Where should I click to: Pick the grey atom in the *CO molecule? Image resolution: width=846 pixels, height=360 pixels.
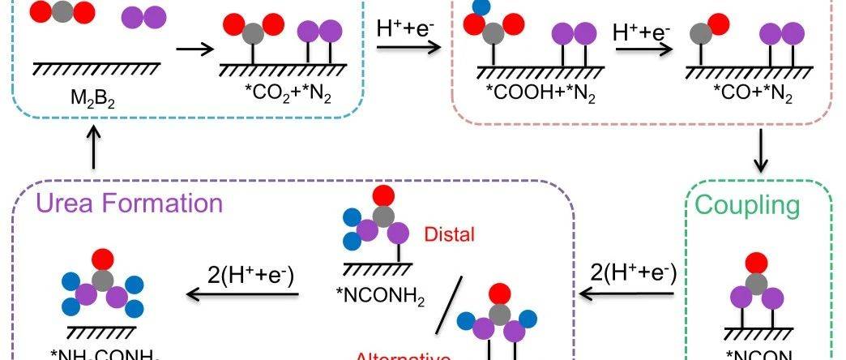coord(700,34)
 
